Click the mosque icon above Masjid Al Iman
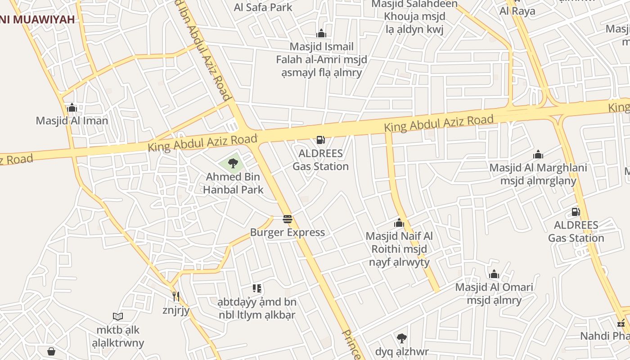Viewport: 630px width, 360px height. pyautogui.click(x=72, y=108)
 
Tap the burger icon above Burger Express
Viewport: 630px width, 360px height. pyautogui.click(x=288, y=220)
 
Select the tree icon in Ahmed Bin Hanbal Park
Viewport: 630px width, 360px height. pyautogui.click(x=233, y=163)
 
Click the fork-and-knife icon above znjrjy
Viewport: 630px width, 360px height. pyautogui.click(x=176, y=297)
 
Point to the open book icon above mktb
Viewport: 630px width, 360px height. pyautogui.click(x=118, y=317)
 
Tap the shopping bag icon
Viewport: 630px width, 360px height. pyautogui.click(x=51, y=351)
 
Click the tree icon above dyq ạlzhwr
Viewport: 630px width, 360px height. pyautogui.click(x=401, y=338)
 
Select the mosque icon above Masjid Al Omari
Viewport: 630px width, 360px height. pyautogui.click(x=494, y=274)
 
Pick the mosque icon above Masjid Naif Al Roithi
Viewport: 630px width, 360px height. pyautogui.click(x=399, y=223)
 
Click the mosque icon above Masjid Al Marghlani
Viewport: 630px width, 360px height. pyautogui.click(x=538, y=155)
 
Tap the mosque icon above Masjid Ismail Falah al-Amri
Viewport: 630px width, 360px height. pyautogui.click(x=321, y=33)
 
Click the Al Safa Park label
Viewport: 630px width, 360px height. pyautogui.click(x=263, y=7)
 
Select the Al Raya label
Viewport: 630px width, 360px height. pyautogui.click(x=517, y=11)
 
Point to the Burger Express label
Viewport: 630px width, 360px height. pyautogui.click(x=288, y=233)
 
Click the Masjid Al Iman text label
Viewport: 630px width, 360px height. pyautogui.click(x=72, y=121)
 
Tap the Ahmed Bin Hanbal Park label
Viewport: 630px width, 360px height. pyautogui.click(x=233, y=183)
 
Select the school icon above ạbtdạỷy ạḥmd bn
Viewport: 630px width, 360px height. pyautogui.click(x=257, y=288)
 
